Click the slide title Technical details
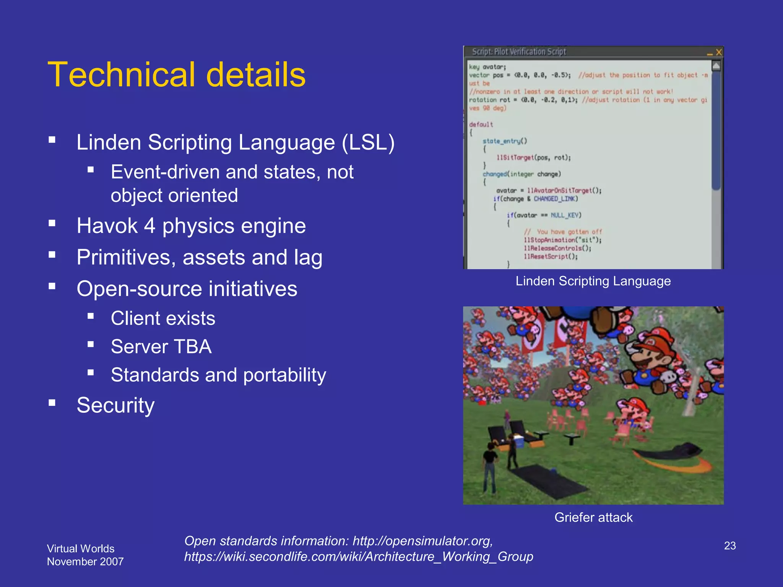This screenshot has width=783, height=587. (x=176, y=75)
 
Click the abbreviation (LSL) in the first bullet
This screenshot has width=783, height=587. (x=368, y=143)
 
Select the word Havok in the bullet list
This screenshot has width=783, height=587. (x=107, y=226)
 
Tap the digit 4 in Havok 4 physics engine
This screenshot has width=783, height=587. (x=149, y=226)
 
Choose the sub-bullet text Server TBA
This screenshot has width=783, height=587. (x=161, y=347)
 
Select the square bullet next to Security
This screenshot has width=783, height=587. (x=52, y=403)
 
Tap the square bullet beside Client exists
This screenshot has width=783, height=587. (x=91, y=316)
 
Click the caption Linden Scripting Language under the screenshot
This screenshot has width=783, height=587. (x=593, y=281)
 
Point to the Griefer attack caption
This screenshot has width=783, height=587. (x=593, y=517)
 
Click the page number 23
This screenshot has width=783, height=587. (x=729, y=546)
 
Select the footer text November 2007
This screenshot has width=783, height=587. (x=85, y=562)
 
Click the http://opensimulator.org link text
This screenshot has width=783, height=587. (x=422, y=541)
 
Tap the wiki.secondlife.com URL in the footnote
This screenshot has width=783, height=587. (x=358, y=557)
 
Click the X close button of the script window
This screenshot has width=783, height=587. (x=719, y=52)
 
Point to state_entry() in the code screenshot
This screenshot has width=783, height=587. (x=504, y=141)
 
